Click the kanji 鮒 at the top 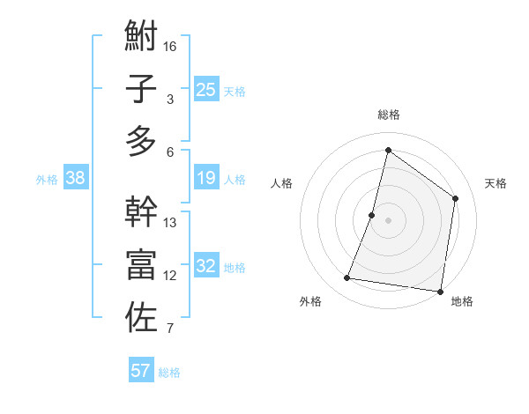142,38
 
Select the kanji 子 142,89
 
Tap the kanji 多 142,140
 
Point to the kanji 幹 142,212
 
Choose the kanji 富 142,264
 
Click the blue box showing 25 205,90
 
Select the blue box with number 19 205,179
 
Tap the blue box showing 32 205,266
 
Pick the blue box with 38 76,179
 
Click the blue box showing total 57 141,371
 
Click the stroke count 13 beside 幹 170,223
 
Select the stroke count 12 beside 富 170,276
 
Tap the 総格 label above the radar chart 388,115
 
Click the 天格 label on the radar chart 495,183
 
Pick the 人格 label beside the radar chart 281,183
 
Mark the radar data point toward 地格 440,291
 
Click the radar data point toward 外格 347,278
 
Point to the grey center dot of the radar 388,220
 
